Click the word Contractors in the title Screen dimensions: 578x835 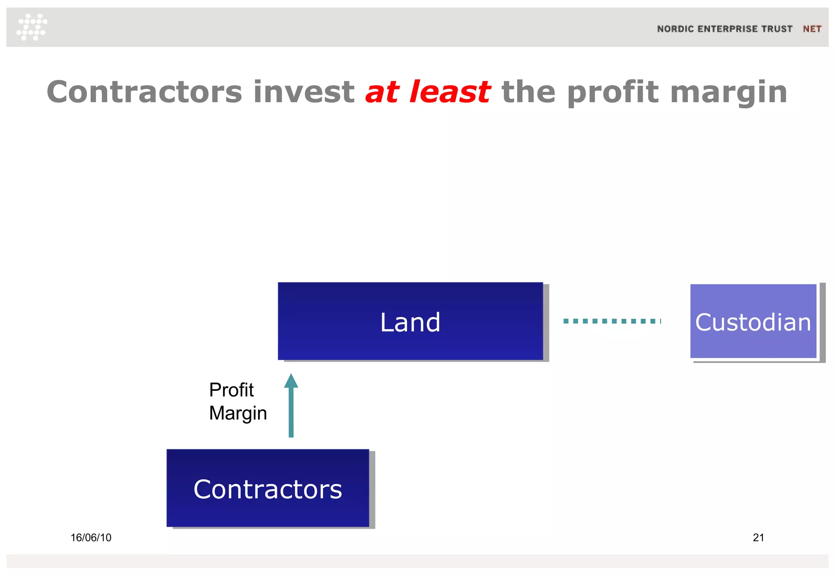(x=144, y=92)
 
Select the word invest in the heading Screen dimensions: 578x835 (x=304, y=92)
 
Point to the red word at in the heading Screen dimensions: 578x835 (x=382, y=93)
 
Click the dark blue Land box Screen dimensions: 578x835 (x=410, y=321)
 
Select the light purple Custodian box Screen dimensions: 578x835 (x=753, y=322)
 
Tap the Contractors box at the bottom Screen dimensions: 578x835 (x=267, y=488)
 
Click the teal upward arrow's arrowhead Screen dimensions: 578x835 (x=291, y=381)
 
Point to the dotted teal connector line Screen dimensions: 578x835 (x=612, y=321)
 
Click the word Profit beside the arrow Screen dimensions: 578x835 (x=231, y=390)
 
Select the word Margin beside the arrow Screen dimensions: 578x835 (x=238, y=413)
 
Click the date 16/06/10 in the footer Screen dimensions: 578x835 (x=91, y=538)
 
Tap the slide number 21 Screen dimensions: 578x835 (x=758, y=538)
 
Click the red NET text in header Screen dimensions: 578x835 (x=812, y=29)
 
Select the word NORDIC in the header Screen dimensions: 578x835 (x=675, y=29)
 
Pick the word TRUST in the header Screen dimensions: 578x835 (x=777, y=29)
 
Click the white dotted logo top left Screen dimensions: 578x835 (x=32, y=27)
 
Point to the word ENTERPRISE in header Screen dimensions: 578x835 (x=727, y=29)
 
